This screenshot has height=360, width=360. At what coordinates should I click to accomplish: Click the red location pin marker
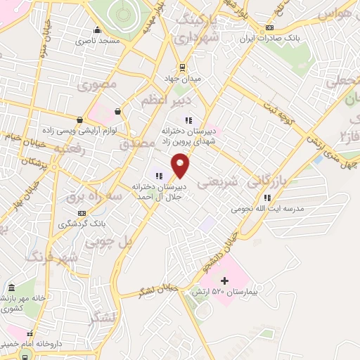click(x=181, y=164)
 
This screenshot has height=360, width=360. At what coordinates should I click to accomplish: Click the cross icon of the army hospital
click(x=224, y=281)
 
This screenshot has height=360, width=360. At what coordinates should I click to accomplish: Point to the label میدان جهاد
click(x=183, y=78)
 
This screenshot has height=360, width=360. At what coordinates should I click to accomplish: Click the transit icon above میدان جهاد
click(x=183, y=68)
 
